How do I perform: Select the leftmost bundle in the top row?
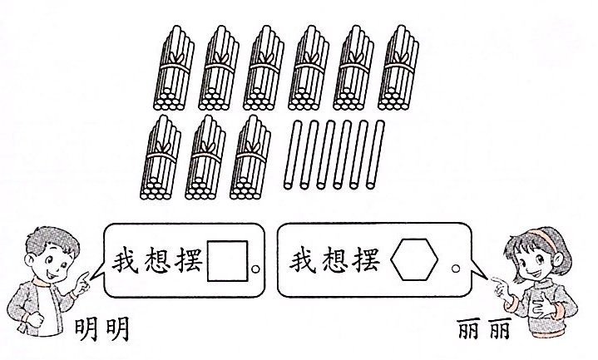click(177, 68)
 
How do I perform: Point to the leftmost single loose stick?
click(289, 155)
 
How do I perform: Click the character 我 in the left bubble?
click(126, 263)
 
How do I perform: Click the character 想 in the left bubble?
click(158, 263)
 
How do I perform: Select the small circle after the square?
click(255, 269)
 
